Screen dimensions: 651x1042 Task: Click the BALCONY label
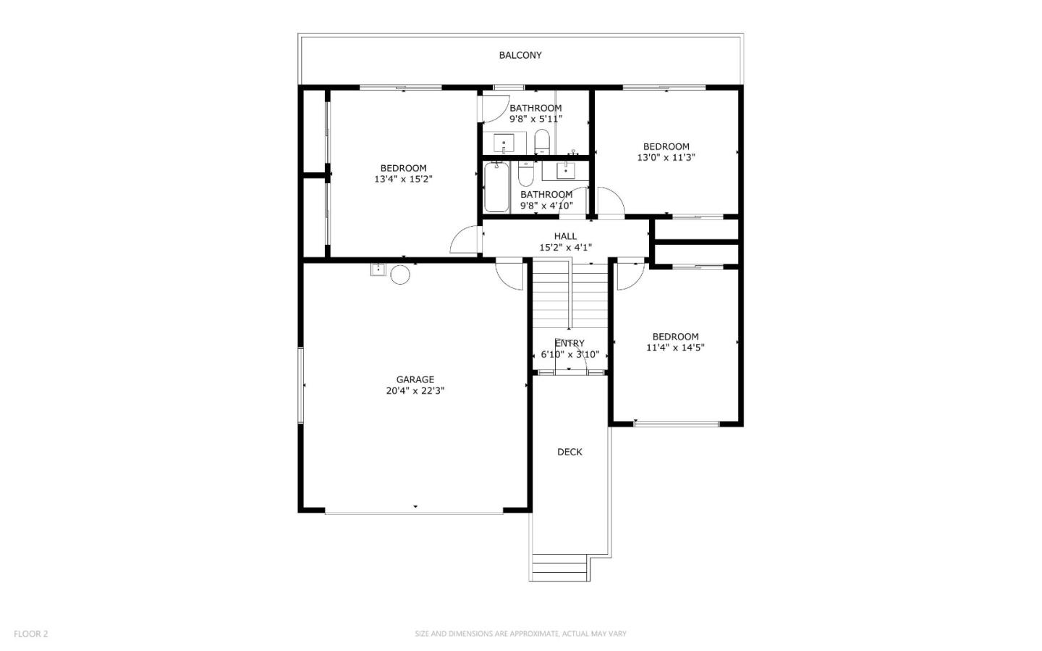coord(520,55)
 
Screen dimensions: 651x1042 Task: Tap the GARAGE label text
coord(415,379)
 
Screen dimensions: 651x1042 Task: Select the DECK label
coord(569,452)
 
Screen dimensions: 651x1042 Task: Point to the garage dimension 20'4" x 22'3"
coord(415,391)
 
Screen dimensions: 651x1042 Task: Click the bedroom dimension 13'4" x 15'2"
coord(403,180)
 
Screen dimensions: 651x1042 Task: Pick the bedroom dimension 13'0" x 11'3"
coord(666,158)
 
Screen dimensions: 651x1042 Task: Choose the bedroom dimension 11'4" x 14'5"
coord(675,348)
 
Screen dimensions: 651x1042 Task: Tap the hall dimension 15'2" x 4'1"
coord(565,248)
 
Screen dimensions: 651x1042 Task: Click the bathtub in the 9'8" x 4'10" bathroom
coord(496,187)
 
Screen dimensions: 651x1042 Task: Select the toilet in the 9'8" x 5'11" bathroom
coord(542,141)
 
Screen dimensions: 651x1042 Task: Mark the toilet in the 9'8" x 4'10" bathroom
coord(525,174)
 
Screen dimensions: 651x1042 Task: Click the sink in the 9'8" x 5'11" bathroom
coord(504,143)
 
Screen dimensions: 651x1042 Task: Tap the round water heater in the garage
coord(400,274)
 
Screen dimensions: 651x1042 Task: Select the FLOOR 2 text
coord(31,634)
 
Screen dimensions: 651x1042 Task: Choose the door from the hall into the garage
coord(510,274)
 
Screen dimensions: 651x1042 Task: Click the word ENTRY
coord(569,343)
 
